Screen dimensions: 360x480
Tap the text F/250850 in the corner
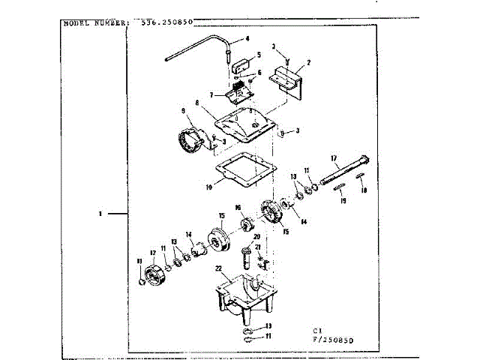(x=334, y=340)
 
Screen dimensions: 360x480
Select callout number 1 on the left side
(x=99, y=214)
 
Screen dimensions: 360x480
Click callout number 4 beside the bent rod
(x=247, y=38)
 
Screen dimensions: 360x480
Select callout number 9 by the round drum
(x=182, y=112)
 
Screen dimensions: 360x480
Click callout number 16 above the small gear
(x=237, y=208)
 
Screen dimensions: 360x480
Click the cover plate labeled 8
(x=244, y=124)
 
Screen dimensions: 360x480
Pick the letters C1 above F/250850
(x=318, y=330)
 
